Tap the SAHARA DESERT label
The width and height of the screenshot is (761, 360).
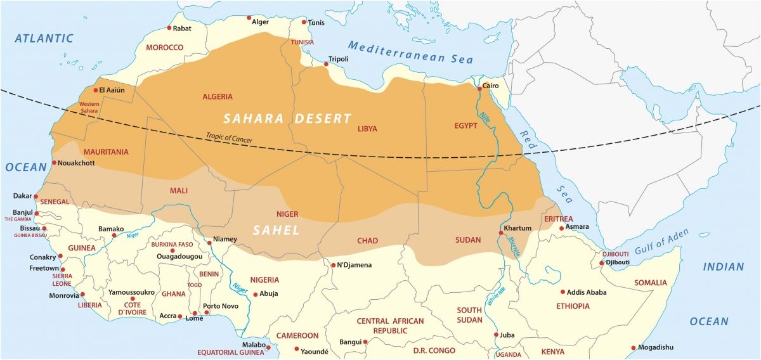(x=287, y=119)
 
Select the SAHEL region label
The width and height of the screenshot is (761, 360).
(x=276, y=231)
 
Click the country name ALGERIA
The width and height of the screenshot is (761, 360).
(x=218, y=97)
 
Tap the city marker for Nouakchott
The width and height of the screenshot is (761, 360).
(x=54, y=163)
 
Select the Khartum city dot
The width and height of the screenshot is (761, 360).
(x=501, y=233)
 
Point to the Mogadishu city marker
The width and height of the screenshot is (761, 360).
(x=634, y=347)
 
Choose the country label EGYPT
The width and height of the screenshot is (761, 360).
(x=465, y=126)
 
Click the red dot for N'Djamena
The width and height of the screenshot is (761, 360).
(x=333, y=265)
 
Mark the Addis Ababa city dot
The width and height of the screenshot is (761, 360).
(x=563, y=292)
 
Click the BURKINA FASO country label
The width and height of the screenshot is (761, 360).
(x=172, y=245)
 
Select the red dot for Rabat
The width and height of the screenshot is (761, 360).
(x=169, y=28)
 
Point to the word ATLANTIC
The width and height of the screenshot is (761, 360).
(x=44, y=39)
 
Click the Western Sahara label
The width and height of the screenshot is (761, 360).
(x=88, y=107)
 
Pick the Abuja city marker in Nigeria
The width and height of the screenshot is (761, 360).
(x=255, y=294)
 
